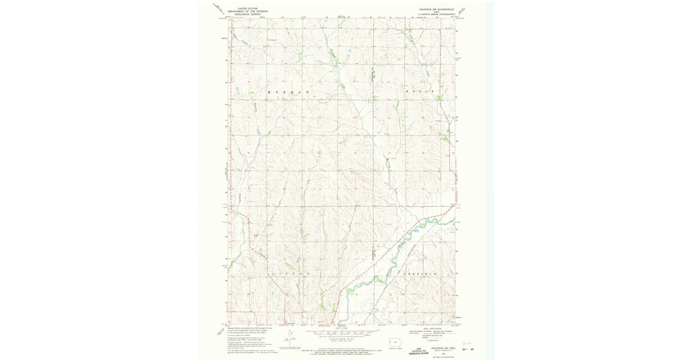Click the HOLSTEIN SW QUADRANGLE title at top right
pyautogui.click(x=437, y=10)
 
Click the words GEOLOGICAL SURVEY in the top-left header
pyautogui.click(x=247, y=14)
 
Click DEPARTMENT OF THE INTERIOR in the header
pyautogui.click(x=247, y=11)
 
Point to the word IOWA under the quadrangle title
pyautogui.click(x=437, y=12)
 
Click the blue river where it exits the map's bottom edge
pyautogui.click(x=339, y=323)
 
